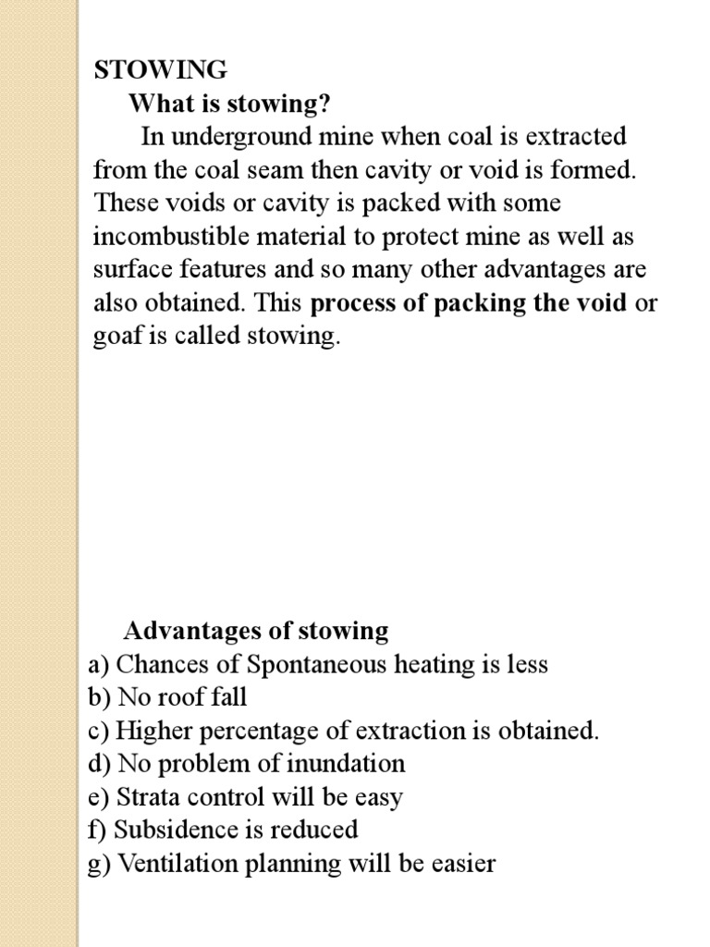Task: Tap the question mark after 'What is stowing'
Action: (x=324, y=104)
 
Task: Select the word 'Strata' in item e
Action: (x=146, y=798)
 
